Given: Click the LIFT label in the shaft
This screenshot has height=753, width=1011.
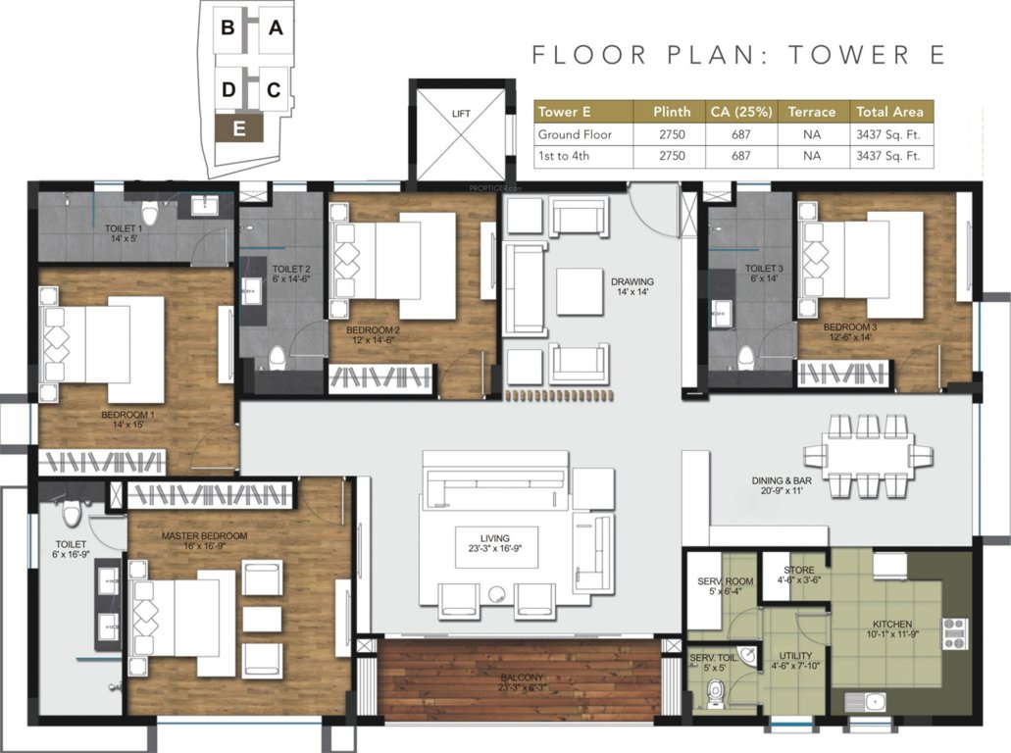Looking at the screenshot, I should click(x=461, y=113).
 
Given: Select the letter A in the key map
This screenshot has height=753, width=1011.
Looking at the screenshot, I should click(x=277, y=28).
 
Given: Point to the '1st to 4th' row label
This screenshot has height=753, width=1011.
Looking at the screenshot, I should click(x=562, y=155).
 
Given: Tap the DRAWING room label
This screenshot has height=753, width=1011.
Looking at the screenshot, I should click(x=632, y=281).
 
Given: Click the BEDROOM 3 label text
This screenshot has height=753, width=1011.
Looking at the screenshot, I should click(x=849, y=326).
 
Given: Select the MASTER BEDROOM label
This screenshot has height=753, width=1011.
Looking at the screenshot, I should click(x=204, y=536).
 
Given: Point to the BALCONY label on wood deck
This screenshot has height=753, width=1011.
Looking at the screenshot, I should click(x=520, y=678).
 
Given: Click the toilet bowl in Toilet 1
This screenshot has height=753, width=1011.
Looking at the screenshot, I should click(x=150, y=213).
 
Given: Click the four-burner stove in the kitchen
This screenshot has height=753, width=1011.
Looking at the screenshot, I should click(x=955, y=634).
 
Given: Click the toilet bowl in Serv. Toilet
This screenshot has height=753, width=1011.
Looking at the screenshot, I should click(x=715, y=693).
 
